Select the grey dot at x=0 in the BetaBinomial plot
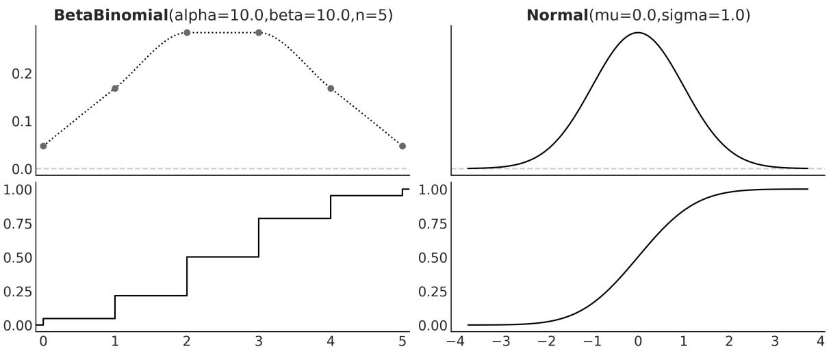coord(43,146)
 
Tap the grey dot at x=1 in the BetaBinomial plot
coord(115,88)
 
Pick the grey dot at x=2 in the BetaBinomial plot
coord(187,32)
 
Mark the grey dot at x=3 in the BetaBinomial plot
coord(259,32)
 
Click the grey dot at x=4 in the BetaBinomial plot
coord(331,88)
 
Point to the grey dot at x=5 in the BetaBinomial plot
coord(402,146)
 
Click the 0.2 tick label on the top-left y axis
coord(23,74)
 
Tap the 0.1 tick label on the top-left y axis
coord(23,121)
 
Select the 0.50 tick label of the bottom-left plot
coord(18,257)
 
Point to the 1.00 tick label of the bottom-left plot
coord(18,190)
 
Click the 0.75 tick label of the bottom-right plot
coord(434,224)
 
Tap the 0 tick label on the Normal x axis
coord(638,341)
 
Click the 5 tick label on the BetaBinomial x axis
coord(402,341)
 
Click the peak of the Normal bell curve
coord(637,32)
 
